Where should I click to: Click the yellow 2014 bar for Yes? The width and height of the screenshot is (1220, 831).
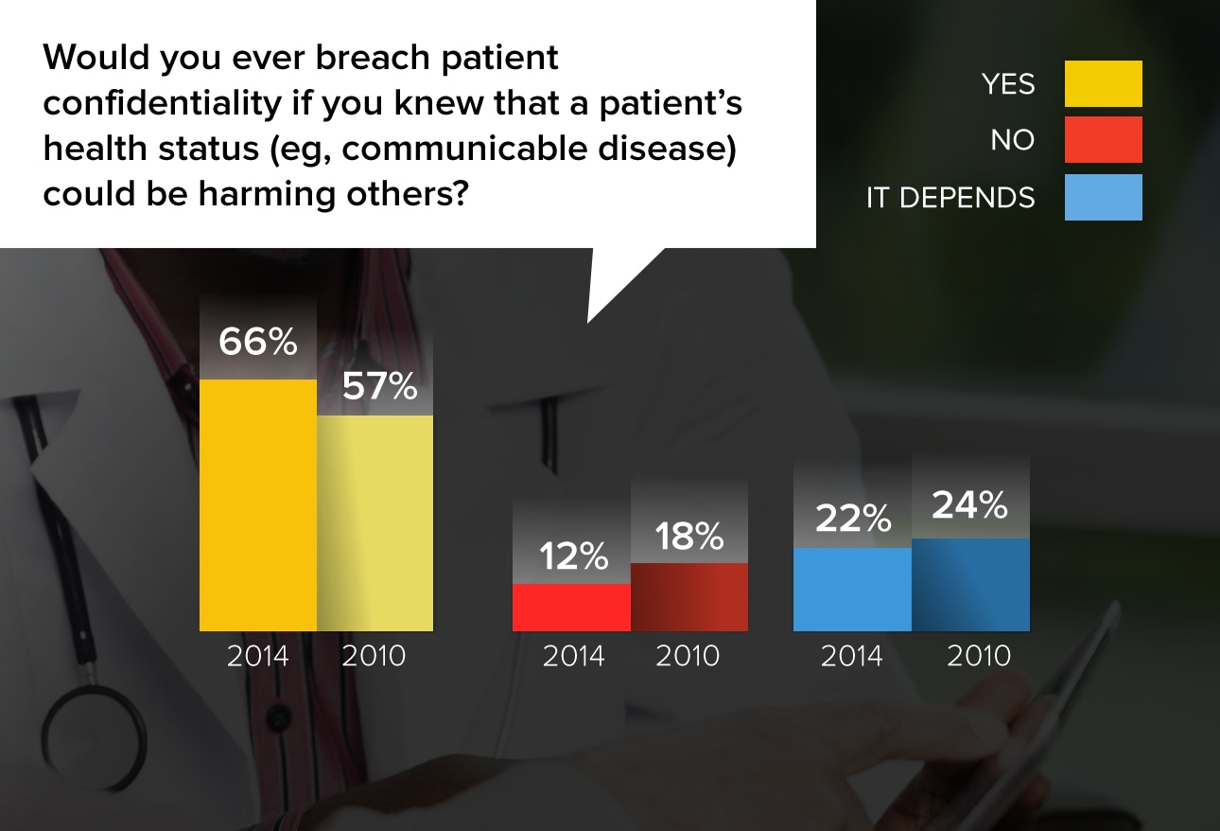(x=258, y=505)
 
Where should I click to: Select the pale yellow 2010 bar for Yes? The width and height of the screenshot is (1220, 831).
(x=375, y=523)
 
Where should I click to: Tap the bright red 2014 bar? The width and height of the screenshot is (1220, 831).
(x=571, y=608)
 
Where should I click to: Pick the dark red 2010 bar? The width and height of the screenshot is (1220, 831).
(x=689, y=597)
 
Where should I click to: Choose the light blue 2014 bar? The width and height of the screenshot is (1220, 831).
(x=852, y=590)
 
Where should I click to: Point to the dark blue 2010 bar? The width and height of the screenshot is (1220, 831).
(x=970, y=585)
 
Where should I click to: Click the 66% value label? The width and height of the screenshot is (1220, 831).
(x=258, y=342)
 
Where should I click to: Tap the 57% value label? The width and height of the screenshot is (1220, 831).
(x=379, y=386)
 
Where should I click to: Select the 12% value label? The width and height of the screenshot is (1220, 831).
(x=573, y=557)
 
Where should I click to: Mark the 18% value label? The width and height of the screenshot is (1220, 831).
(x=689, y=536)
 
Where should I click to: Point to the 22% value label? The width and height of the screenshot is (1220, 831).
(x=853, y=518)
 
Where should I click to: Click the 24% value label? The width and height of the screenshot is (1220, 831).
(x=970, y=505)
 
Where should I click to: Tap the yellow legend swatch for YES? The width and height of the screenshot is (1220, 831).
(x=1104, y=83)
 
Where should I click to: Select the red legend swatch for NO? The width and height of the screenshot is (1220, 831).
(x=1104, y=139)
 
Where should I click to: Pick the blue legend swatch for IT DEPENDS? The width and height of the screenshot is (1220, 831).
(x=1104, y=197)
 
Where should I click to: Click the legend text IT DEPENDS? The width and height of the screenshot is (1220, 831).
(x=950, y=197)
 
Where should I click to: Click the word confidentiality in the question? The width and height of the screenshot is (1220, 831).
(x=163, y=103)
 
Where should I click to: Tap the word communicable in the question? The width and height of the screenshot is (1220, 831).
(x=464, y=149)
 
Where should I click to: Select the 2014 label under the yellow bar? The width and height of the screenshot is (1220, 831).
(x=257, y=656)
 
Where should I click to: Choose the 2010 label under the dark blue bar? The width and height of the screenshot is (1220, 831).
(x=979, y=656)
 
